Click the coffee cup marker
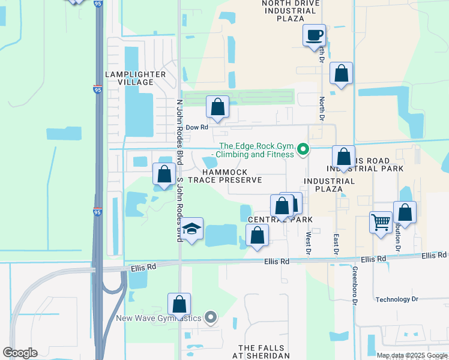point(314,35)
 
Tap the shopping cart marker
point(381,222)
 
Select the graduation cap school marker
point(191,229)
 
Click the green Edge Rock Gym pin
point(304,149)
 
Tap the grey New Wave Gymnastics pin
point(209,318)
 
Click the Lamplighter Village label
point(135,78)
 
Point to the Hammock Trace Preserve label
point(225,176)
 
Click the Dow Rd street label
point(196,127)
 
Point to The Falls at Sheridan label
point(264,352)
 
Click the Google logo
point(20,353)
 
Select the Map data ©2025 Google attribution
point(412,355)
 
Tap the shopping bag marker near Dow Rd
point(217,107)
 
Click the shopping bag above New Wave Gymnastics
point(179,304)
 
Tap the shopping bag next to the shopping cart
point(405,212)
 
